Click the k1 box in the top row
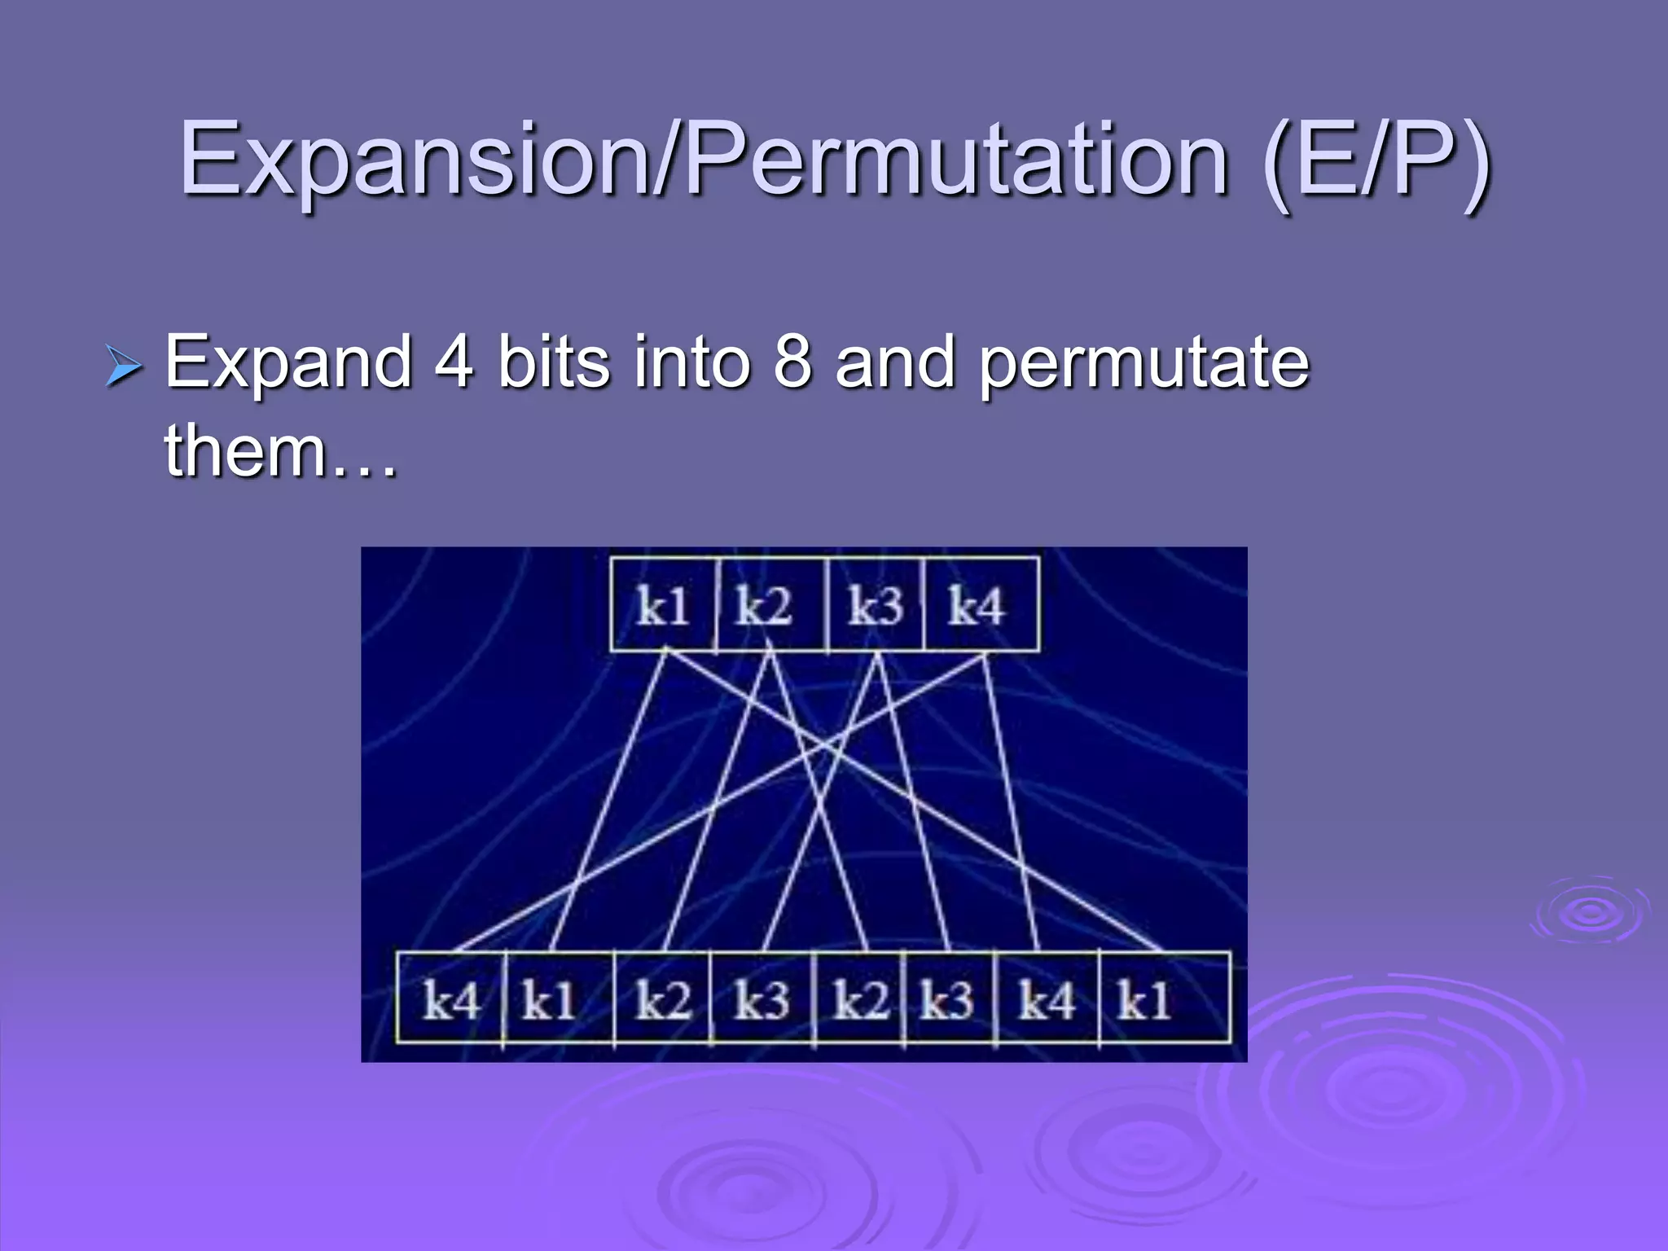point(663,605)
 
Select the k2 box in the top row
point(770,605)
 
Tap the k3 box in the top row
point(876,605)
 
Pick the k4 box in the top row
point(981,605)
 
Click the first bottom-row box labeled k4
point(450,999)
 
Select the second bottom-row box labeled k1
point(557,999)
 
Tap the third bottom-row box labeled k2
point(663,999)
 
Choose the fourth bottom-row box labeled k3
point(762,999)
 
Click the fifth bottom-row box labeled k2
point(860,999)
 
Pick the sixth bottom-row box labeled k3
point(949,999)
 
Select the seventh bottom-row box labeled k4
point(1047,999)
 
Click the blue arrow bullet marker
point(124,366)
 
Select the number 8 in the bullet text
point(792,361)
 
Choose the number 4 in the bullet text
point(453,361)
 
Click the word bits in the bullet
point(553,361)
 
